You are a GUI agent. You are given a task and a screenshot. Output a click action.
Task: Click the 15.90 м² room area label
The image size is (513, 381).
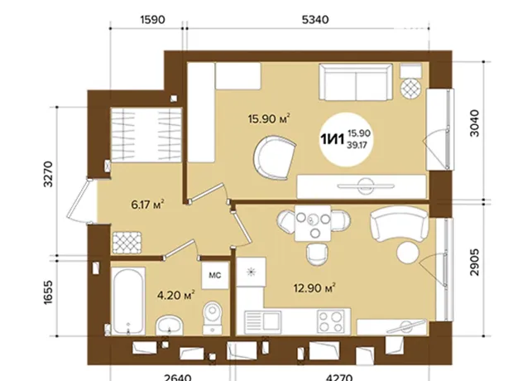[x=269, y=118]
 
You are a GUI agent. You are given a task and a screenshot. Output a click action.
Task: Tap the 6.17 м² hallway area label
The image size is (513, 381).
[x=147, y=205]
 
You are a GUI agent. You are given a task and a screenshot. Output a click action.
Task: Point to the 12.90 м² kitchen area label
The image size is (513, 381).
[x=314, y=288]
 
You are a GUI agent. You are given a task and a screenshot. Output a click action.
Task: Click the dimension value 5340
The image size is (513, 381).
[x=315, y=20]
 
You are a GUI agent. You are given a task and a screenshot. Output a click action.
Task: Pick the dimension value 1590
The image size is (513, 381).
[x=152, y=20]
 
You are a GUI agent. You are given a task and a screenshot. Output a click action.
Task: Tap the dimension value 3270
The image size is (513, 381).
[x=48, y=174]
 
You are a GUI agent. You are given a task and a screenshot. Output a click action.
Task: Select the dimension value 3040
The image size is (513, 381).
[x=474, y=123]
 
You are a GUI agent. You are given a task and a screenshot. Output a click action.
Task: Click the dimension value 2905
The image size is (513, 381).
[x=474, y=263]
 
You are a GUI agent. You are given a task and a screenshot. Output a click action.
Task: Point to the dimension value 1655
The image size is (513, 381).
[x=48, y=292]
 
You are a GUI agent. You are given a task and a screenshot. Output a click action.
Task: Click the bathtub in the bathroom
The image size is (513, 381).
[x=128, y=301]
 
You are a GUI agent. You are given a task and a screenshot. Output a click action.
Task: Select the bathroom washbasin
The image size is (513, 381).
[x=169, y=326]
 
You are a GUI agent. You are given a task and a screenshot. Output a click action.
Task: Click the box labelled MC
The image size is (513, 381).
[x=215, y=275]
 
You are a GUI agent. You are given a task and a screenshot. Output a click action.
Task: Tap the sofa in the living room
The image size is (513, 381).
[x=356, y=82]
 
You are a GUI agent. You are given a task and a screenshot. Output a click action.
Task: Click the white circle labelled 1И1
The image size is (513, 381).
[x=347, y=139]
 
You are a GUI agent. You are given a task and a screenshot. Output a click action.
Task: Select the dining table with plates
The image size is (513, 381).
[x=313, y=224]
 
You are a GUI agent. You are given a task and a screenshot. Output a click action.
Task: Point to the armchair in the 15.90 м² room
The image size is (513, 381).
[x=274, y=158]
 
